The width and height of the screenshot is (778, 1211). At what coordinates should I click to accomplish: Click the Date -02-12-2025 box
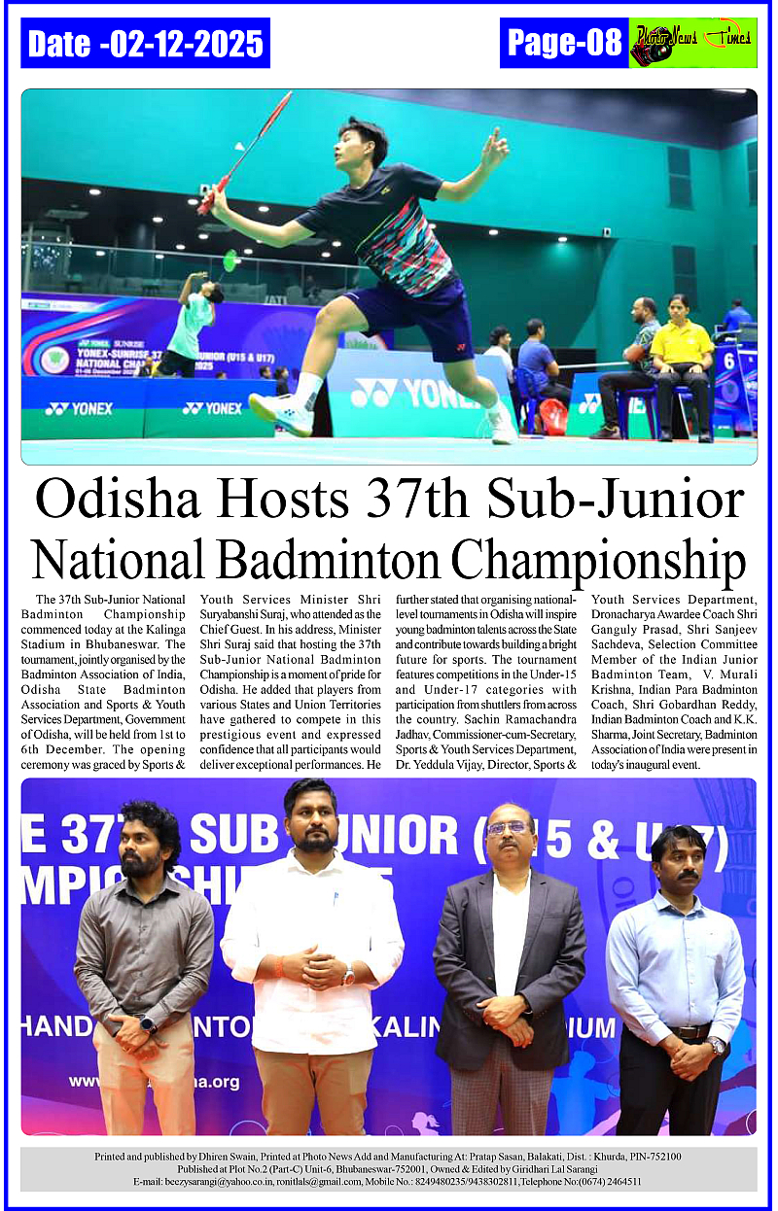[145, 44]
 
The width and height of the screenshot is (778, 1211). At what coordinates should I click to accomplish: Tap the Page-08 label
[564, 43]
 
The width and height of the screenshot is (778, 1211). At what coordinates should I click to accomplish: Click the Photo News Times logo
[692, 44]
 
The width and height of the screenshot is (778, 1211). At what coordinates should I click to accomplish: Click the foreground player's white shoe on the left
[280, 412]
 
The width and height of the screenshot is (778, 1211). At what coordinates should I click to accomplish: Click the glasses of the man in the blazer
[508, 828]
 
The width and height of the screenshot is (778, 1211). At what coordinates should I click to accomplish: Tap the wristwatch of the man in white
[348, 976]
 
